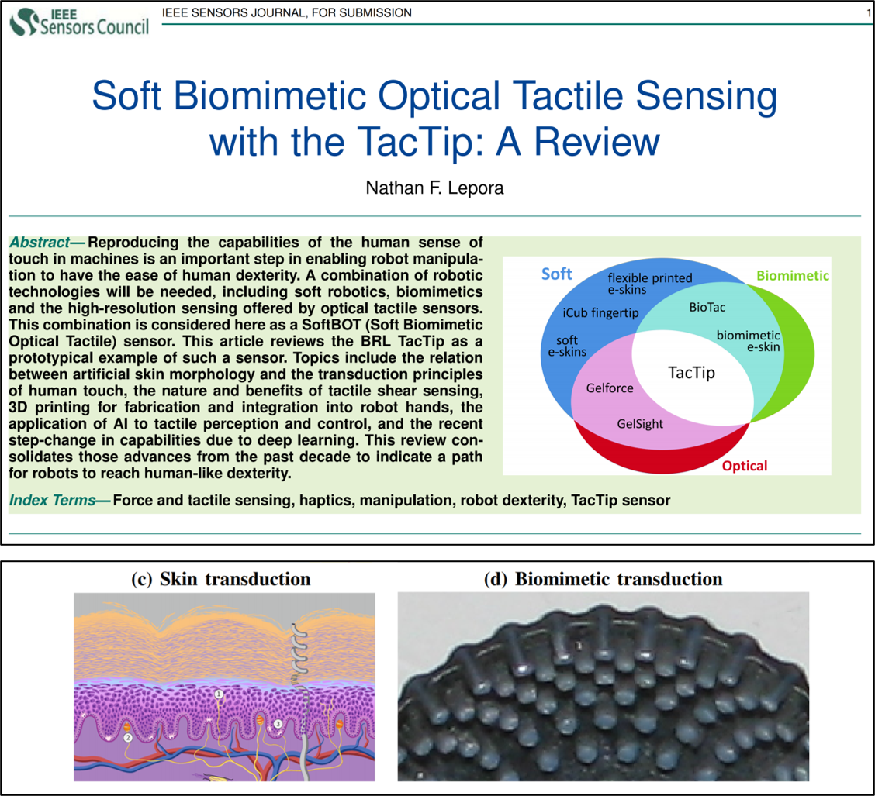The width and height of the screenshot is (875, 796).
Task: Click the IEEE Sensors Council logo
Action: [x=79, y=22]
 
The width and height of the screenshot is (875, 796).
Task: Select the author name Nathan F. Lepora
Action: [x=434, y=188]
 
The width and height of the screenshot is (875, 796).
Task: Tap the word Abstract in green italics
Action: [x=40, y=242]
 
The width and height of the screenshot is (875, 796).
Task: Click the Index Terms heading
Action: [x=53, y=500]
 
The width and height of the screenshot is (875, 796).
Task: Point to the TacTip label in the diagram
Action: [x=691, y=372]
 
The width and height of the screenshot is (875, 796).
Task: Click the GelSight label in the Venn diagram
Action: [x=640, y=424]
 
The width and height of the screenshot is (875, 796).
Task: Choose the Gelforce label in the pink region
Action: [x=610, y=388]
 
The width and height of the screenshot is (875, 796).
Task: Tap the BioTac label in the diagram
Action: [x=707, y=307]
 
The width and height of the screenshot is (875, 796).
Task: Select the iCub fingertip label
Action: [x=600, y=312]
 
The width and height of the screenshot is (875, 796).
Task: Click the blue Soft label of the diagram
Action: [x=556, y=274]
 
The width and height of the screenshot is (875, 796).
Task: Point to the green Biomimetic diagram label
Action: [x=793, y=275]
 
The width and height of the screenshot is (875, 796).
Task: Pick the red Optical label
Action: [x=745, y=466]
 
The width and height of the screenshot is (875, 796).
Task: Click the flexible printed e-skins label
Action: [x=649, y=283]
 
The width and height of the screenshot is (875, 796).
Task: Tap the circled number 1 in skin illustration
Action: [x=219, y=694]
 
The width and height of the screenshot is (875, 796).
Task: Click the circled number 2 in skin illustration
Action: [x=128, y=737]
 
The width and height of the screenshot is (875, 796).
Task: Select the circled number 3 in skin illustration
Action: [x=278, y=724]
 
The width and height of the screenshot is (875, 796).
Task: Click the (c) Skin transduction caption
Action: [x=220, y=579]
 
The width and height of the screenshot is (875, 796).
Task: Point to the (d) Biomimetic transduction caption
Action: [x=603, y=579]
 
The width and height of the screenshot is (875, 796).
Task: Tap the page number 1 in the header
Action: [x=869, y=13]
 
